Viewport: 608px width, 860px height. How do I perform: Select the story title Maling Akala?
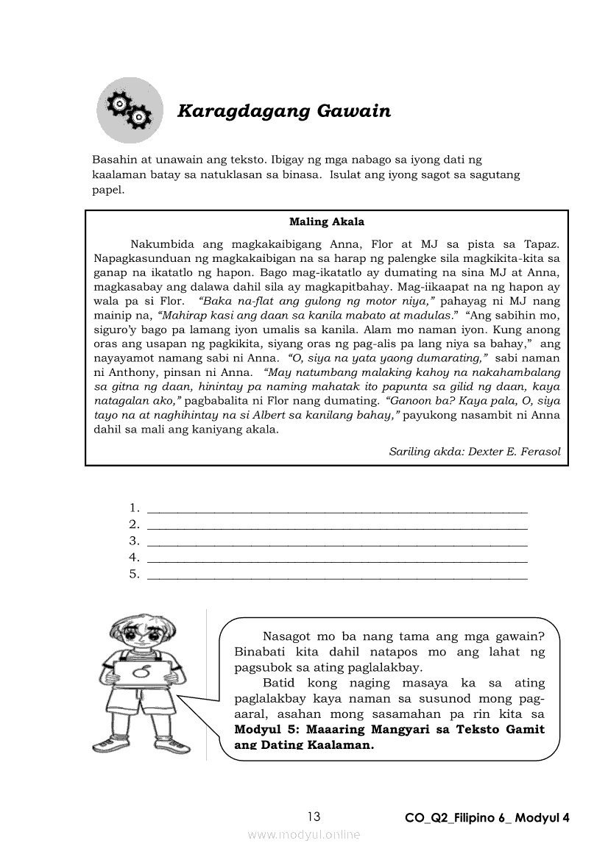coord(326,221)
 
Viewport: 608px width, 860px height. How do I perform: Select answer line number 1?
coord(337,508)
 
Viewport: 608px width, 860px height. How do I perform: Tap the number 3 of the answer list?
coord(134,541)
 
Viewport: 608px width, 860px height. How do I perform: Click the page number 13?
coord(314,817)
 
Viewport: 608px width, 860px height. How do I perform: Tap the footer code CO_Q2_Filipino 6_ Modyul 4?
coord(487,818)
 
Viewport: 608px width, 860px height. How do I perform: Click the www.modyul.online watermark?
coord(304,834)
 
